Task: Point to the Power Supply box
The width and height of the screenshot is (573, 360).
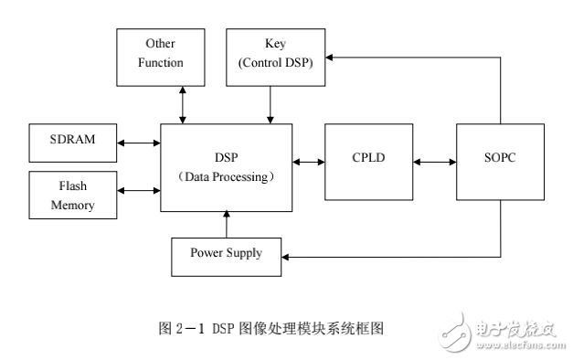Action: [x=226, y=253]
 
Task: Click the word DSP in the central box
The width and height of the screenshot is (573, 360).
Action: [x=226, y=156]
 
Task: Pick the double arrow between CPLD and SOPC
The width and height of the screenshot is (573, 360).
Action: [x=434, y=162]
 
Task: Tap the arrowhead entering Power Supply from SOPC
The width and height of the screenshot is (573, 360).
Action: [x=286, y=257]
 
